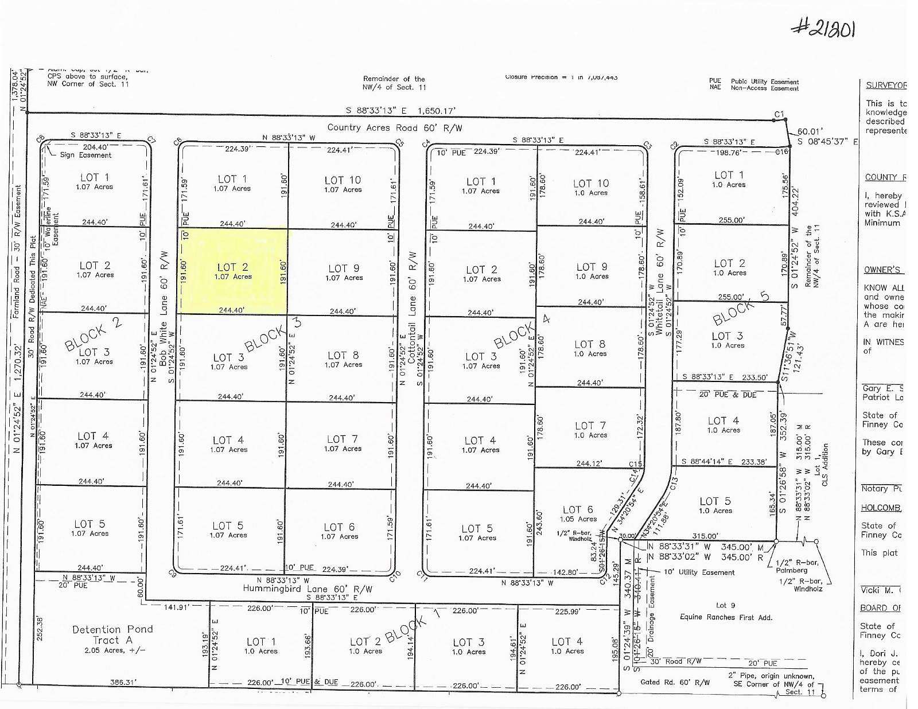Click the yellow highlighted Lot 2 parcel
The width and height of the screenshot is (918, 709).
click(x=233, y=271)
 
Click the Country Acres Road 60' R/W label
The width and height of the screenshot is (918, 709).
click(x=394, y=128)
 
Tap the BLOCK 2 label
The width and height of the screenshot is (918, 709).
click(x=93, y=334)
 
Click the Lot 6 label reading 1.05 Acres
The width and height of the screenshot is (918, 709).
click(x=578, y=513)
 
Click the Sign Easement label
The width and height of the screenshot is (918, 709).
click(x=86, y=155)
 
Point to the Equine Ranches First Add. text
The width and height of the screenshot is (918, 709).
click(x=725, y=617)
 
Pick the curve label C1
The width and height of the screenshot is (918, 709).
click(x=779, y=115)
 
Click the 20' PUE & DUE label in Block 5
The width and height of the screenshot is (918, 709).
click(x=728, y=395)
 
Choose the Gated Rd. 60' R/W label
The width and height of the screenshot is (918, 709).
click(x=674, y=683)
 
